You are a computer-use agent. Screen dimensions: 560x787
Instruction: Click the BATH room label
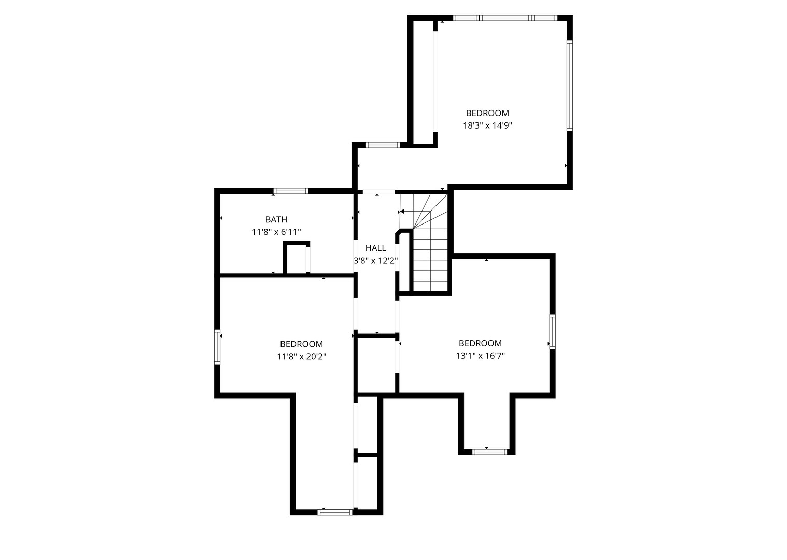(x=276, y=220)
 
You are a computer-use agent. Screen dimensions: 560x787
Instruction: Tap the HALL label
(x=375, y=248)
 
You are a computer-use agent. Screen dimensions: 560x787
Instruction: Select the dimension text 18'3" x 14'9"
(x=487, y=125)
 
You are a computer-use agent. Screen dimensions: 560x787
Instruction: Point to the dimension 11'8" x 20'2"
(x=301, y=357)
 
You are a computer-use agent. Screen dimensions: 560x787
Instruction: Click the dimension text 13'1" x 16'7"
(x=480, y=356)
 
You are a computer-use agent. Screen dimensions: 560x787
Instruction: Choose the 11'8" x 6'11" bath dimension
(x=276, y=232)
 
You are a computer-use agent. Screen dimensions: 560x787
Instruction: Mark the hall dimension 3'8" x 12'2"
(x=375, y=261)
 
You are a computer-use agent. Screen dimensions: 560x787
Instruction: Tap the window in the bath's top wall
(x=291, y=191)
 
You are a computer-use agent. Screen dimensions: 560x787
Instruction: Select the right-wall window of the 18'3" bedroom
(x=569, y=86)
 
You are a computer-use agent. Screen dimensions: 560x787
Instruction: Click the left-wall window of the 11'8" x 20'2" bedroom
(x=217, y=347)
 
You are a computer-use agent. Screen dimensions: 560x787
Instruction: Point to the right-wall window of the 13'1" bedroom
(x=552, y=332)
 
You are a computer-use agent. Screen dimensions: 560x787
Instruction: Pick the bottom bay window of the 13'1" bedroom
(x=489, y=452)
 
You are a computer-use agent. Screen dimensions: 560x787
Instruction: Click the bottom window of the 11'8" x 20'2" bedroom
(x=335, y=512)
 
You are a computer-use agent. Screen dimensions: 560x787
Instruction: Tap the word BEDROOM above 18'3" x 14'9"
(x=487, y=113)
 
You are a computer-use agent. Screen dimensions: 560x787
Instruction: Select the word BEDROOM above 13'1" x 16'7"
(x=480, y=343)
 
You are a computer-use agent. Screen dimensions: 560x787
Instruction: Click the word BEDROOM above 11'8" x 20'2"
(x=301, y=344)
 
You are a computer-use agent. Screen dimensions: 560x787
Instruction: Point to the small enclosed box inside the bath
(x=296, y=258)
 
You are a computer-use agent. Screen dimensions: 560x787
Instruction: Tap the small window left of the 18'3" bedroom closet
(x=383, y=145)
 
